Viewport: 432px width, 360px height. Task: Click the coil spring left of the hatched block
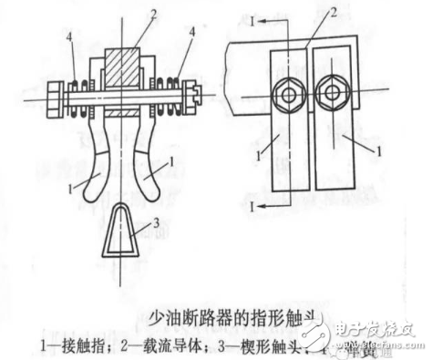coord(83,93)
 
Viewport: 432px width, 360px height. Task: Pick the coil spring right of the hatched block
coord(171,91)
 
